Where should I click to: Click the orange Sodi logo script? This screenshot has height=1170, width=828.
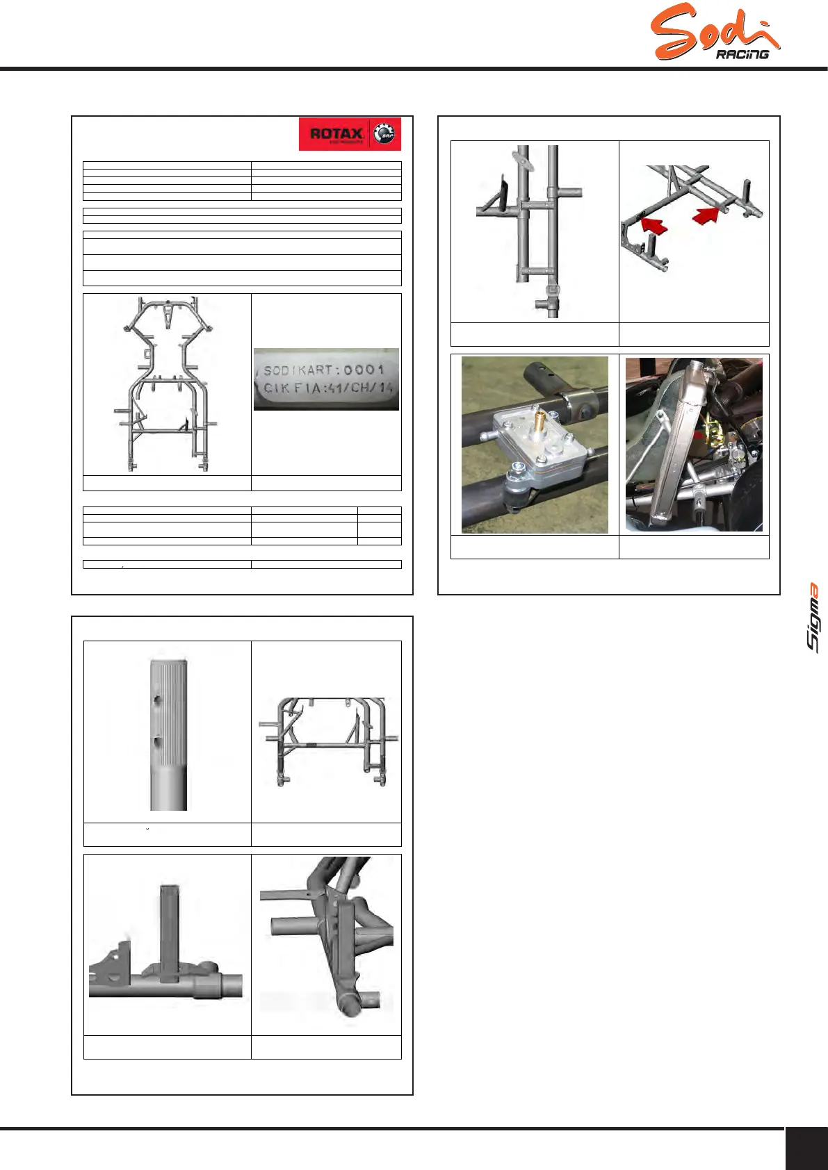714,31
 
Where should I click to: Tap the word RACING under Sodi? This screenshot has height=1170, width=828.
742,54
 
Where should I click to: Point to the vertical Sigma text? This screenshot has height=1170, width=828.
812,618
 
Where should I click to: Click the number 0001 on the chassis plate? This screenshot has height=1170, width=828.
364,370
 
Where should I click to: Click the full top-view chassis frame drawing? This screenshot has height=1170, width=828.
165,384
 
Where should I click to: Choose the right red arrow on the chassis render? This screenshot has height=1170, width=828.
706,215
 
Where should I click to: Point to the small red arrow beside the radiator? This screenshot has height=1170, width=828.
701,435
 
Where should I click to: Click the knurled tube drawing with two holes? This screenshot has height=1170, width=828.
168,734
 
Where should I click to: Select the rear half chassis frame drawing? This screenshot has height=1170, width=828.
329,741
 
